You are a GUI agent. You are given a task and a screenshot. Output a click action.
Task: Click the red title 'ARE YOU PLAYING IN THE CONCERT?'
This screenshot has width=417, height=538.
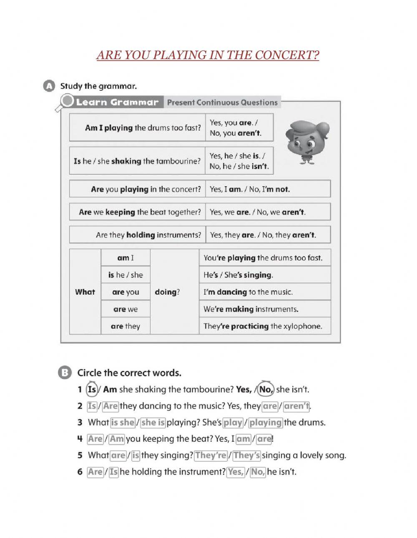(208, 55)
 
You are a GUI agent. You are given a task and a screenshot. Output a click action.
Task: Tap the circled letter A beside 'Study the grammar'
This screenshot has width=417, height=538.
(48, 86)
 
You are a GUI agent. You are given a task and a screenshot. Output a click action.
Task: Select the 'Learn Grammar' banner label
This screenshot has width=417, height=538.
(117, 102)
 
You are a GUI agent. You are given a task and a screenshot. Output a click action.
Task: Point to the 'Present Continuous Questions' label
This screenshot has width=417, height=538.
(222, 102)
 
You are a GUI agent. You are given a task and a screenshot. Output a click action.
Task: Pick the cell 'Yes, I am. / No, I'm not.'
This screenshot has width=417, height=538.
(268, 189)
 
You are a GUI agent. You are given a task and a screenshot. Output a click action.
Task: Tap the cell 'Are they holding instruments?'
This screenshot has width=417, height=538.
(138, 235)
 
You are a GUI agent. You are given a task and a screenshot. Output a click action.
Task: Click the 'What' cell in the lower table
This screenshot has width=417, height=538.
(85, 292)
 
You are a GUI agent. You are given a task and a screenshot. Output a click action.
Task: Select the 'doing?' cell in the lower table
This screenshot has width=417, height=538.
(167, 292)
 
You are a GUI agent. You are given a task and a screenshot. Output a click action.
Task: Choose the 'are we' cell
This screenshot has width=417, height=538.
(126, 309)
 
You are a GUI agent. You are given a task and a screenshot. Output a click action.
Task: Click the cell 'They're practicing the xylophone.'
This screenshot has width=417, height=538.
(264, 326)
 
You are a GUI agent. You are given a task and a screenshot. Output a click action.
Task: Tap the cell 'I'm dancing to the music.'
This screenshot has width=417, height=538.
(264, 292)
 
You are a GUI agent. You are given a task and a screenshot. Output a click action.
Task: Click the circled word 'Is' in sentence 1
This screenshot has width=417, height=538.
(92, 390)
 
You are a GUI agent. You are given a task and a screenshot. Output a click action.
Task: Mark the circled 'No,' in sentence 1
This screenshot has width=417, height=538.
(265, 390)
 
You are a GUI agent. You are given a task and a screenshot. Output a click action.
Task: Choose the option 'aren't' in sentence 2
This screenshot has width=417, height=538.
(297, 406)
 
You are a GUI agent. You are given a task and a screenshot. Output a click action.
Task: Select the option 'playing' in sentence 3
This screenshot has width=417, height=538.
(266, 423)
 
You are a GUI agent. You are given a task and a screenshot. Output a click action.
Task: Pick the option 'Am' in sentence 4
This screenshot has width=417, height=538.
(117, 439)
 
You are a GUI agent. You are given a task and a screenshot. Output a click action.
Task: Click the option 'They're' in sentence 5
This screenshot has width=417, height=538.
(211, 455)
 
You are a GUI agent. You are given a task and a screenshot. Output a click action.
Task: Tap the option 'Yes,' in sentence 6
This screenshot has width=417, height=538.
(236, 472)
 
